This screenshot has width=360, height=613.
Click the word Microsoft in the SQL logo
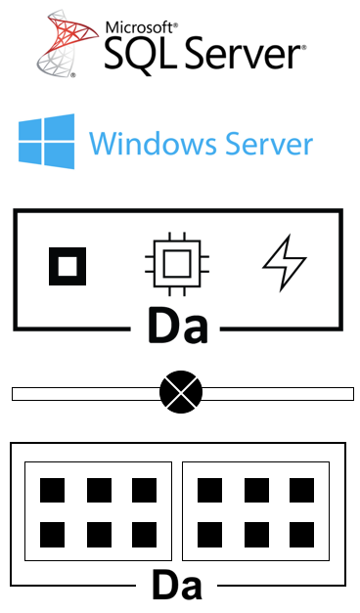pyautogui.click(x=140, y=28)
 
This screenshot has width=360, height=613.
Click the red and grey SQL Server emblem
pyautogui.click(x=67, y=43)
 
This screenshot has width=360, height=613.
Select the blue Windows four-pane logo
pyautogui.click(x=47, y=141)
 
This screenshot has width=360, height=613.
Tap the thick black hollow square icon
pyautogui.click(x=67, y=266)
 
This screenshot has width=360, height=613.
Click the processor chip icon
pyautogui.click(x=177, y=264)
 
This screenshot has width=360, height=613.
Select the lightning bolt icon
pyautogui.click(x=285, y=262)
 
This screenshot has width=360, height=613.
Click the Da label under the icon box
pyautogui.click(x=178, y=326)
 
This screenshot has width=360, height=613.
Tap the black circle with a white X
pyautogui.click(x=181, y=392)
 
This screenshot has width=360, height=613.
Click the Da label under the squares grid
pyautogui.click(x=177, y=586)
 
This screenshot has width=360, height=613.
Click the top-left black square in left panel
pyautogui.click(x=53, y=490)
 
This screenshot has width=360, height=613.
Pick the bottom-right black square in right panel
pyautogui.click(x=301, y=535)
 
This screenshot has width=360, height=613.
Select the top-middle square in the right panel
pyautogui.click(x=256, y=490)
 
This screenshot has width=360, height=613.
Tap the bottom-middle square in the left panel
pyautogui.click(x=99, y=535)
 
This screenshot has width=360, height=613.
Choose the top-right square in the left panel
pyautogui.click(x=145, y=490)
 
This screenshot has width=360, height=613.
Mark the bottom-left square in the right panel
pyautogui.click(x=210, y=535)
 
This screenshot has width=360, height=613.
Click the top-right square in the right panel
pyautogui.click(x=301, y=490)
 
